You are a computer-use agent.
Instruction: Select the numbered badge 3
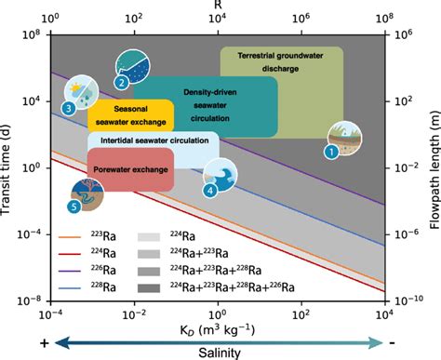pyautogui.click(x=69, y=109)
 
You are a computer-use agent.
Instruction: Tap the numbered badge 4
pyautogui.click(x=211, y=190)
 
